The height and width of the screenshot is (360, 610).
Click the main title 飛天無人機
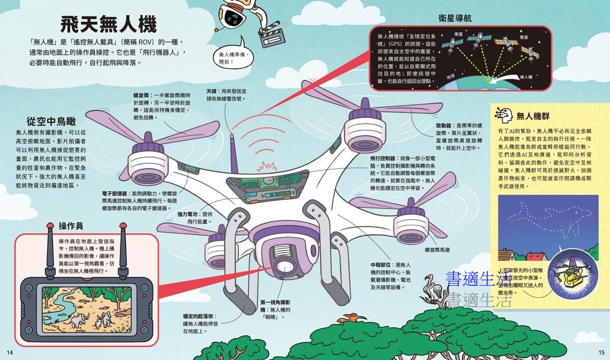108,24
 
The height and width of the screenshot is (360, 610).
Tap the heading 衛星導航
455,18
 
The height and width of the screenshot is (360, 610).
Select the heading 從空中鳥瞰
51,122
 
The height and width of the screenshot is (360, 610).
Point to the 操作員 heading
71,226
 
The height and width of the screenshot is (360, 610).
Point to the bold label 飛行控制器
383,159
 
